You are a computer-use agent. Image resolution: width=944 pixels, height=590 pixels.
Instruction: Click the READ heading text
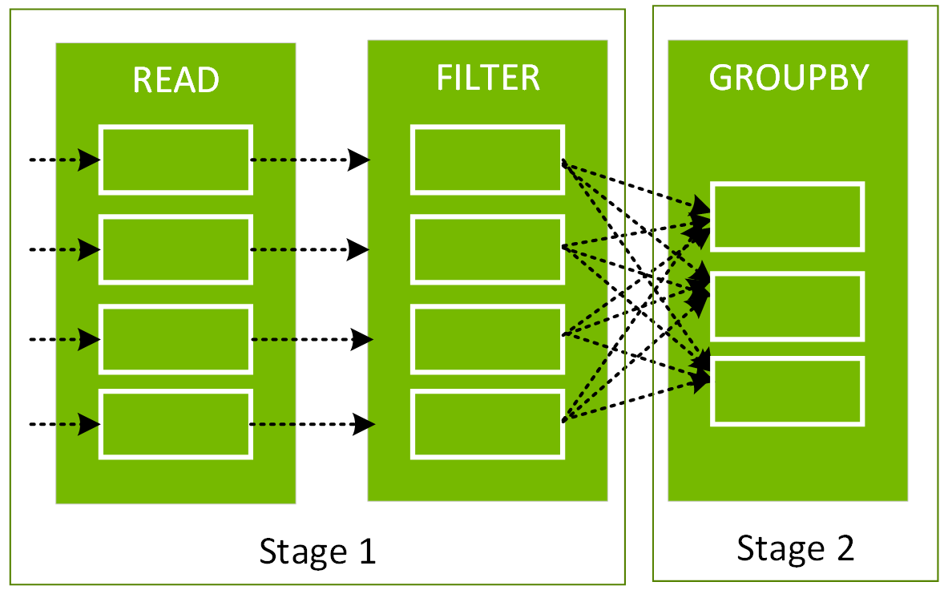point(175,79)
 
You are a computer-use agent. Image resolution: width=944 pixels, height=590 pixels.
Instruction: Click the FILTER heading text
point(488,78)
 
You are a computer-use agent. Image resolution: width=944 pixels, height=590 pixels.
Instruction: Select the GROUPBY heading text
point(789,78)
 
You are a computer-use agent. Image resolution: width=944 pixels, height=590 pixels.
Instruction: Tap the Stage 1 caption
point(317,552)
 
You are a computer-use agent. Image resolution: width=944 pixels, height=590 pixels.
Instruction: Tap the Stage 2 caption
point(795,548)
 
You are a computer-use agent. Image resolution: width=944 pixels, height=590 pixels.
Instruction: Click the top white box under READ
point(175,160)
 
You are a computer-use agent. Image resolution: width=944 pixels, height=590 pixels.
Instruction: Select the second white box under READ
point(175,249)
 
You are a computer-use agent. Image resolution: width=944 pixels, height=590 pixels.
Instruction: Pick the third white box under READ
point(175,339)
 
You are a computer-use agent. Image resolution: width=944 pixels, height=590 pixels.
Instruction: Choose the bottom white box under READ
point(175,424)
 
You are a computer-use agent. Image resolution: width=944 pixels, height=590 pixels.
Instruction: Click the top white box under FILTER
point(487,160)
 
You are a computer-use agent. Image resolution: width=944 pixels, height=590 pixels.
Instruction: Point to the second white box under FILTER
point(487,249)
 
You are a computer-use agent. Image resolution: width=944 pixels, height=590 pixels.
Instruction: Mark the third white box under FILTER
point(487,339)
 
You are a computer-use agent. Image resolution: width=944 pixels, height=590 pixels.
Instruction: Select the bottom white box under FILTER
point(487,424)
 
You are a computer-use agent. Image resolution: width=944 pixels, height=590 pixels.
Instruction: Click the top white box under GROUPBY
point(787,216)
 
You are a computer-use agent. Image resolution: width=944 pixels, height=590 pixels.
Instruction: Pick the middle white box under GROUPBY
point(787,306)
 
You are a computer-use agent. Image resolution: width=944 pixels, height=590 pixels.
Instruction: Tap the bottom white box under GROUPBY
point(787,391)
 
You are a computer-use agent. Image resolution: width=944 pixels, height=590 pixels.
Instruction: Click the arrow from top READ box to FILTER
point(309,160)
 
